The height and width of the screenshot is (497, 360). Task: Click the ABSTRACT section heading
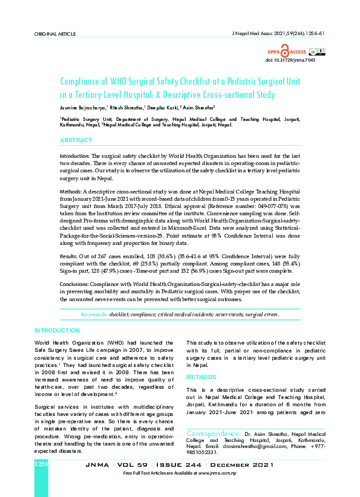click(x=76, y=140)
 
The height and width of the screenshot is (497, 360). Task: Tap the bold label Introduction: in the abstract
click(x=74, y=156)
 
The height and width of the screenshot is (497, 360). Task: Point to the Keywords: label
click(x=94, y=315)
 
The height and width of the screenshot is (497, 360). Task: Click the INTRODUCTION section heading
click(x=57, y=330)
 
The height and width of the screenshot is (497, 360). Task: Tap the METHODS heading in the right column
click(x=201, y=377)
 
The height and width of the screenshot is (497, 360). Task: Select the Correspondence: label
click(x=213, y=434)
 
